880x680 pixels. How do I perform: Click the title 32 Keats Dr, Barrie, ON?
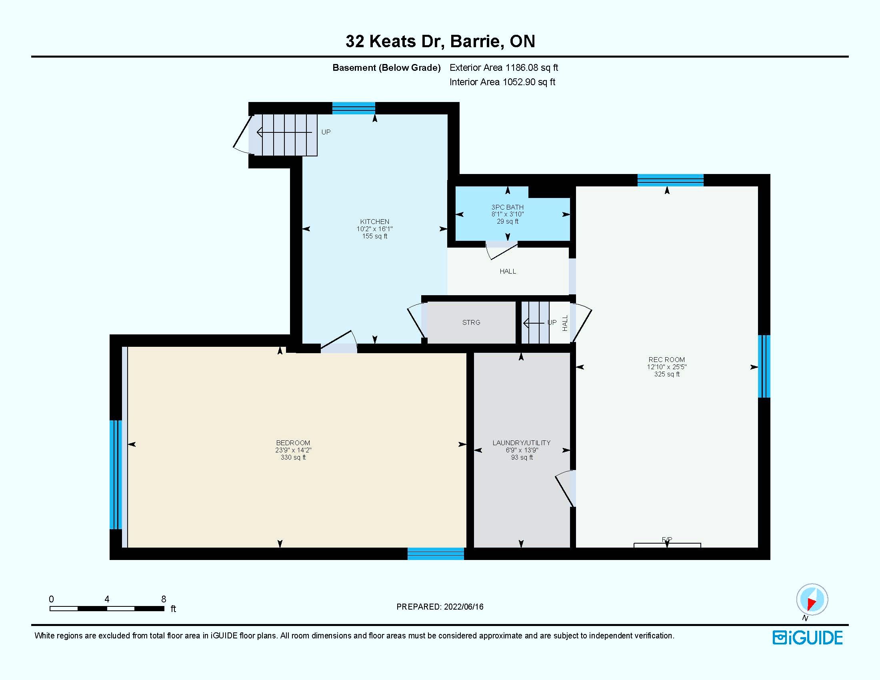pyautogui.click(x=440, y=41)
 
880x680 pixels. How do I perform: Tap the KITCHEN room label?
pyautogui.click(x=375, y=222)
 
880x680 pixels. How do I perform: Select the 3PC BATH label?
pyautogui.click(x=507, y=207)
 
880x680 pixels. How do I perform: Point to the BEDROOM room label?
pyautogui.click(x=293, y=443)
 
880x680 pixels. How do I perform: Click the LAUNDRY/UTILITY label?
pyautogui.click(x=521, y=443)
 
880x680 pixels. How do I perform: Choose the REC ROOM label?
pyautogui.click(x=666, y=360)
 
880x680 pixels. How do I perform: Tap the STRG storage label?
pyautogui.click(x=471, y=322)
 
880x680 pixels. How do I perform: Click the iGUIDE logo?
pyautogui.click(x=808, y=638)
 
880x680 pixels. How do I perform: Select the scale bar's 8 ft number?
pyautogui.click(x=164, y=599)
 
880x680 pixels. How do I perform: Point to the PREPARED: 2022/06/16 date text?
pyautogui.click(x=440, y=607)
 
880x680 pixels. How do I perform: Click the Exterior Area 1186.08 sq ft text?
pyautogui.click(x=504, y=68)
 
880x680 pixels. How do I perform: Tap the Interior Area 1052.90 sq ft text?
pyautogui.click(x=502, y=82)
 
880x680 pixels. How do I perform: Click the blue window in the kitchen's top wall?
pyautogui.click(x=353, y=108)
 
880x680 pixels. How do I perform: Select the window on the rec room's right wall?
pyautogui.click(x=764, y=366)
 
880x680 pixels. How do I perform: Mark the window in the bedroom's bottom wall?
pyautogui.click(x=436, y=554)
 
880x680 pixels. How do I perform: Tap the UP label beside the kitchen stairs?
pyautogui.click(x=326, y=132)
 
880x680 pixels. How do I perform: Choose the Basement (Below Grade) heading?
pyautogui.click(x=386, y=68)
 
